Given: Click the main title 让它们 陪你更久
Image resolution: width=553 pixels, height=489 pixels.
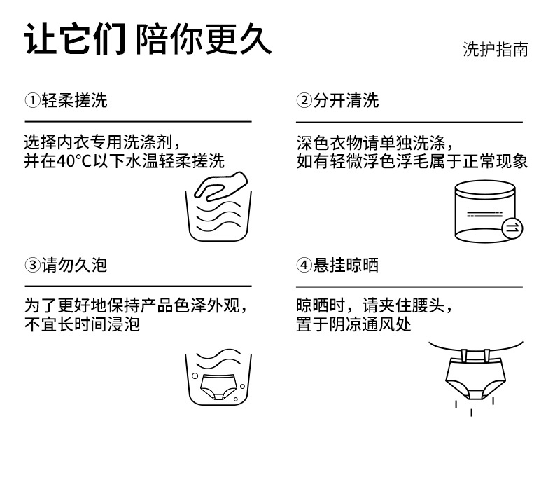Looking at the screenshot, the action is point(148,39).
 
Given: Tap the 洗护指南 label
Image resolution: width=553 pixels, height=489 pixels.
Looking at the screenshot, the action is point(496,50).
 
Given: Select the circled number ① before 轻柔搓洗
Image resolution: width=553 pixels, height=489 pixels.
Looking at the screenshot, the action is point(32,100).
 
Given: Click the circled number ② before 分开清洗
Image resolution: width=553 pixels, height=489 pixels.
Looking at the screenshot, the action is point(304,100).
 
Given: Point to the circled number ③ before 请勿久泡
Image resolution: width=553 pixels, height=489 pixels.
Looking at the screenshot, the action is point(32,265).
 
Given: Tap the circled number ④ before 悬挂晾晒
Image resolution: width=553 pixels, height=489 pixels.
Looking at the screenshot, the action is point(304,265).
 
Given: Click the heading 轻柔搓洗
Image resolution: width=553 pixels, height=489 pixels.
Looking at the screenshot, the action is point(74,100).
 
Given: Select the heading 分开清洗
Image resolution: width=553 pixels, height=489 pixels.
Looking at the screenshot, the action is point(346,100).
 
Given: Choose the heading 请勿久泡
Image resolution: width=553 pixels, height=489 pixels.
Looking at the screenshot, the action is point(74,265).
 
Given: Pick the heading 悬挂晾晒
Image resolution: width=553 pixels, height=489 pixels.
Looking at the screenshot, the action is point(346,265).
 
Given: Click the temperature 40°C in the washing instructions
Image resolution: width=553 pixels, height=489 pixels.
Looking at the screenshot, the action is point(74,162).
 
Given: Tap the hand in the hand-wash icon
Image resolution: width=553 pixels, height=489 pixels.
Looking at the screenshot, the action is point(221,186).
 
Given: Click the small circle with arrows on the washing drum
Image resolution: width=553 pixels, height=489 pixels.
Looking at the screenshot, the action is point(512,228).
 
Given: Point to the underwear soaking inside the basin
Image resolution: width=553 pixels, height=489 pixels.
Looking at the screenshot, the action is point(218,387).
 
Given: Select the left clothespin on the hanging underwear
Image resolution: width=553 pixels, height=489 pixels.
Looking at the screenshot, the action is point(465,355).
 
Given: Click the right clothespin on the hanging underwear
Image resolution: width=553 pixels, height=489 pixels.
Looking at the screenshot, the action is point(486,355).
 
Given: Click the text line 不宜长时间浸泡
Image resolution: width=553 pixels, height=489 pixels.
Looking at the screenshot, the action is point(82,324).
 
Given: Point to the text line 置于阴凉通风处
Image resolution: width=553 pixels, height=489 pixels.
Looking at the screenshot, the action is point(353,324).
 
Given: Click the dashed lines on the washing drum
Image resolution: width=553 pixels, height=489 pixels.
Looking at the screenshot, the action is point(484,214).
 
